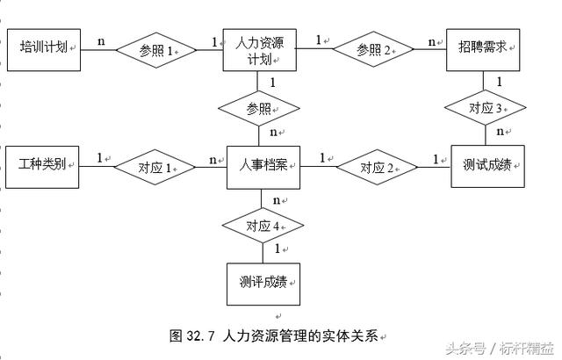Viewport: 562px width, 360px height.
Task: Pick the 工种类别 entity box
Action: click(43, 166)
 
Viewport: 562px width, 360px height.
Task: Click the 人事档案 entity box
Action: click(263, 166)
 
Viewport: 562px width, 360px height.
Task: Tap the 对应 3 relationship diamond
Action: click(486, 109)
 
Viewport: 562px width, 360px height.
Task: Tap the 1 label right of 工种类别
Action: click(99, 157)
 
